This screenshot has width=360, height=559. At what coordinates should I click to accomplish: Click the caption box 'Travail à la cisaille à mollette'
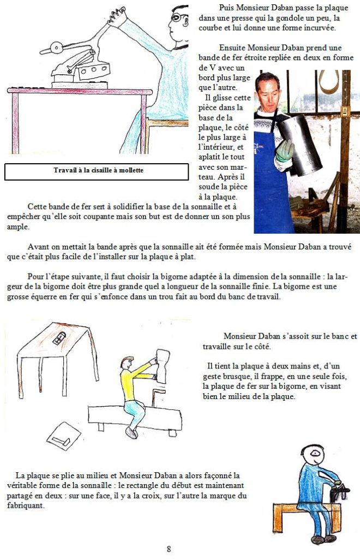coord(99,171)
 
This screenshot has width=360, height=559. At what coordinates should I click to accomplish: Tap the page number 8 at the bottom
coord(169,549)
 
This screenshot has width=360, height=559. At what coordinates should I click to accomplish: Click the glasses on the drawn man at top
coord(177,17)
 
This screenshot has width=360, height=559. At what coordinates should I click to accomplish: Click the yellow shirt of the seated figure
coord(136,377)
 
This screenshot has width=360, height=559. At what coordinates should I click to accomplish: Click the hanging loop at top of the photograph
coord(329,82)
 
